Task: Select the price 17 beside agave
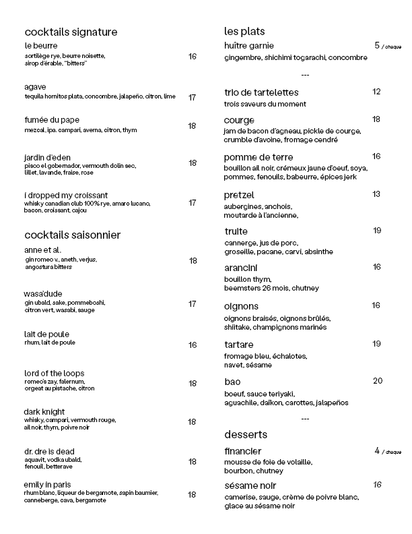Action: [192, 97]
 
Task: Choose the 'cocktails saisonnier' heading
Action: [72, 235]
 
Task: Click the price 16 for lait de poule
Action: [192, 345]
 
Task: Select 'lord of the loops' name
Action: [54, 374]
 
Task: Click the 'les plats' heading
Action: [244, 31]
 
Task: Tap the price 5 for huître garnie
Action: [377, 45]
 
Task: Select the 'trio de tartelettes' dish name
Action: [261, 92]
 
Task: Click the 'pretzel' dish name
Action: [239, 195]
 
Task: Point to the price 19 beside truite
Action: [377, 231]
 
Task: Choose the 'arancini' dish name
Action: [241, 268]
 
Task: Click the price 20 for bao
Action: [377, 381]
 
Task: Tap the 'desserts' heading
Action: [246, 434]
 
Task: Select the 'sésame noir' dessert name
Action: [250, 485]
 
